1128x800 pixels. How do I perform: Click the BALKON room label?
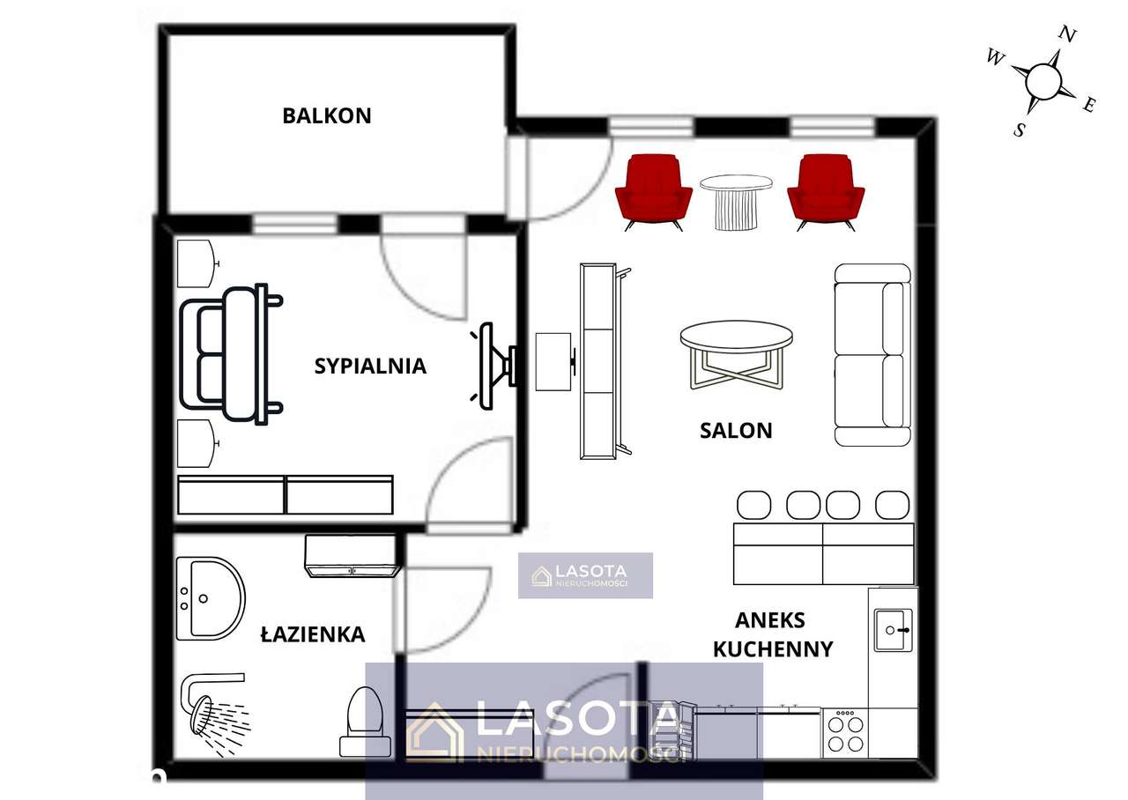pyautogui.click(x=326, y=115)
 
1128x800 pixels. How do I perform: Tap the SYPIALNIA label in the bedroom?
pyautogui.click(x=370, y=366)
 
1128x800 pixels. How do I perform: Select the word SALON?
pyautogui.click(x=736, y=430)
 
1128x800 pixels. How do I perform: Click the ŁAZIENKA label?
pyautogui.click(x=313, y=633)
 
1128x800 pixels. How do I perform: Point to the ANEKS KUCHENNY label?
pyautogui.click(x=772, y=634)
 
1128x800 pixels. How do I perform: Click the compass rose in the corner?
pyautogui.click(x=1043, y=81)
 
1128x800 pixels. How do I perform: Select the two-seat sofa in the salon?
pyautogui.click(x=872, y=354)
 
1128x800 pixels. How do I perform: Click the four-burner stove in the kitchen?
pyautogui.click(x=844, y=732)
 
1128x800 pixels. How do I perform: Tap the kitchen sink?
pyautogui.click(x=894, y=629)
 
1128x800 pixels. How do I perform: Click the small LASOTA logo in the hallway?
pyautogui.click(x=585, y=575)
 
